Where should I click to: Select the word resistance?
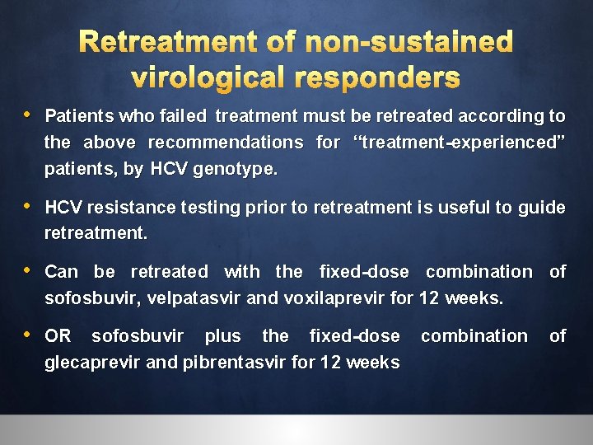pyautogui.click(x=125, y=207)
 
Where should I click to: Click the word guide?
pyautogui.click(x=541, y=207)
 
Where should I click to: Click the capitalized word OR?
pyautogui.click(x=58, y=335)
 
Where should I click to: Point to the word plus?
pyautogui.click(x=222, y=335)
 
